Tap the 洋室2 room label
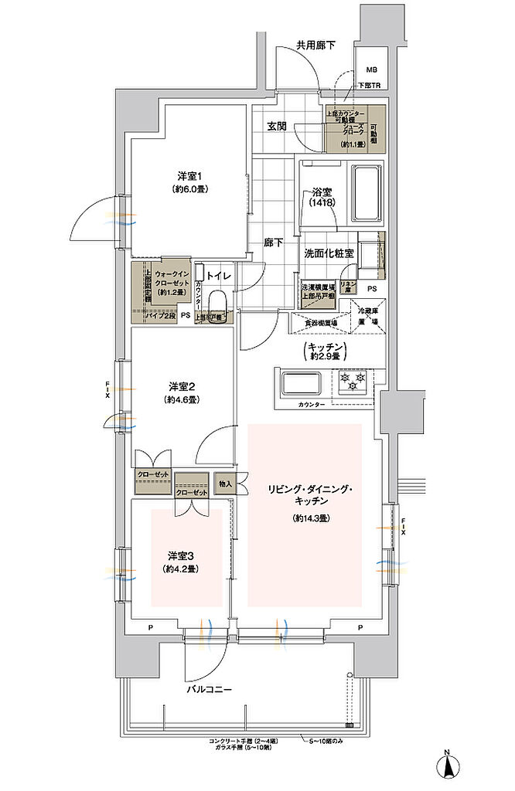[181, 385]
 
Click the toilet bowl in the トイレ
[217, 300]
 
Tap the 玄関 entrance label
[278, 126]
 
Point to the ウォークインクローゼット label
[171, 283]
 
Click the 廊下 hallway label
[272, 243]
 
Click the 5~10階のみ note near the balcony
[326, 742]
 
